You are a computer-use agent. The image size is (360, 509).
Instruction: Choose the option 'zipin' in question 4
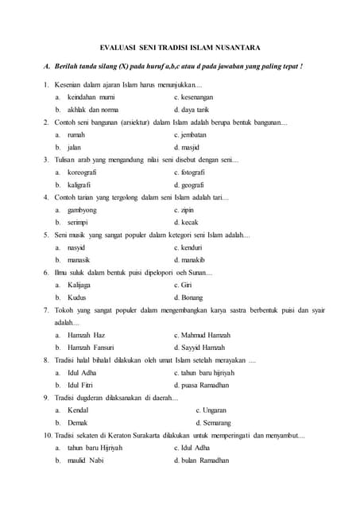click(x=187, y=210)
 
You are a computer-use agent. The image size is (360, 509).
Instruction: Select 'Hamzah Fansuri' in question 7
click(x=91, y=348)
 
